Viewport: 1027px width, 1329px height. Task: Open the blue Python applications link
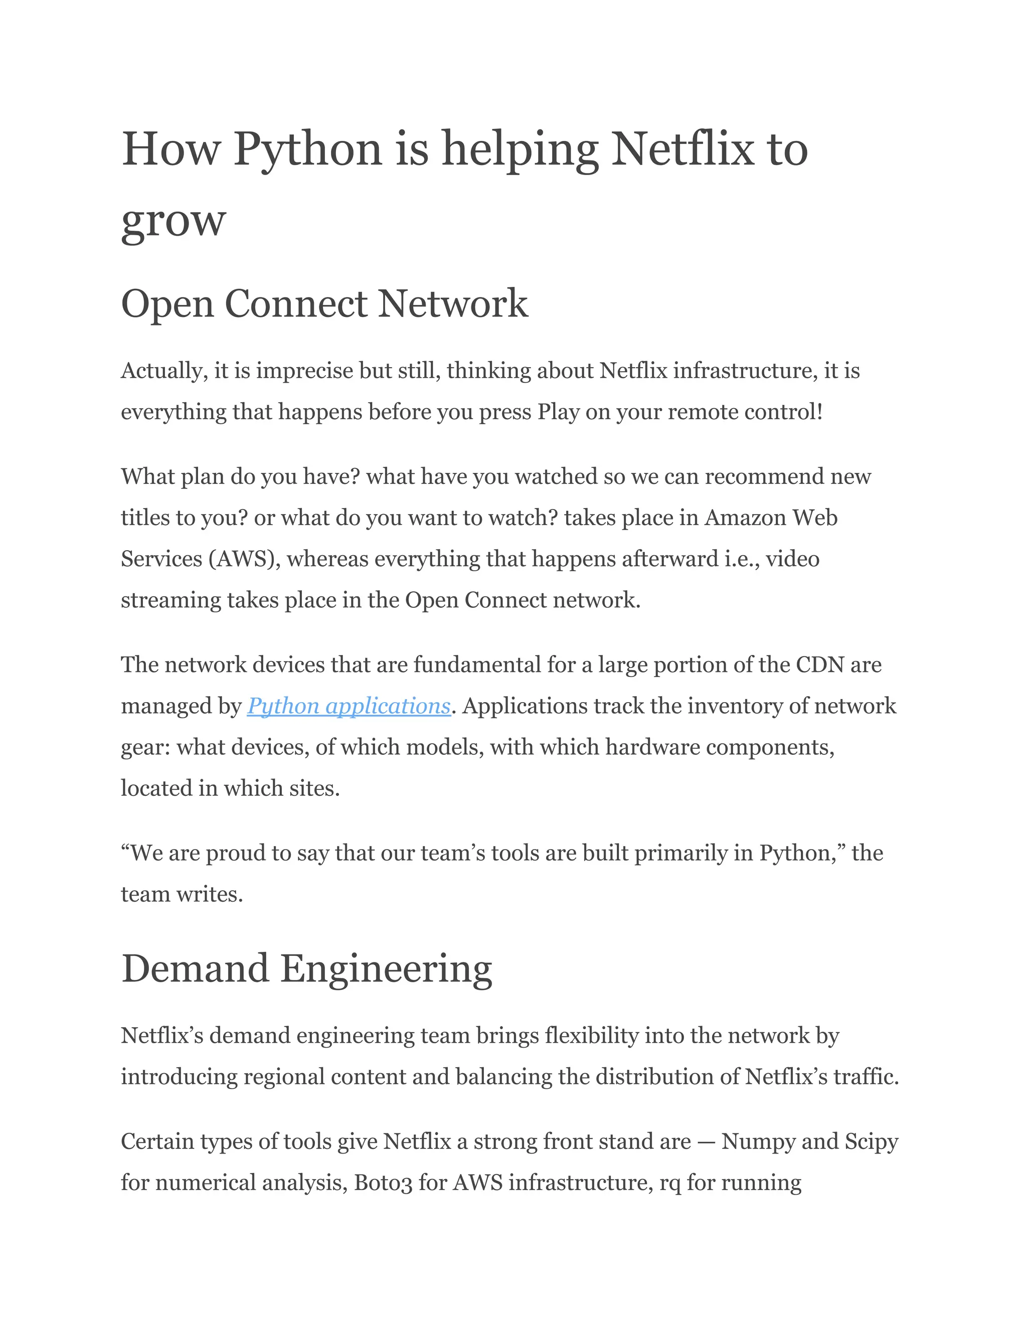point(348,706)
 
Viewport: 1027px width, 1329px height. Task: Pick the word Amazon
point(745,518)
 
